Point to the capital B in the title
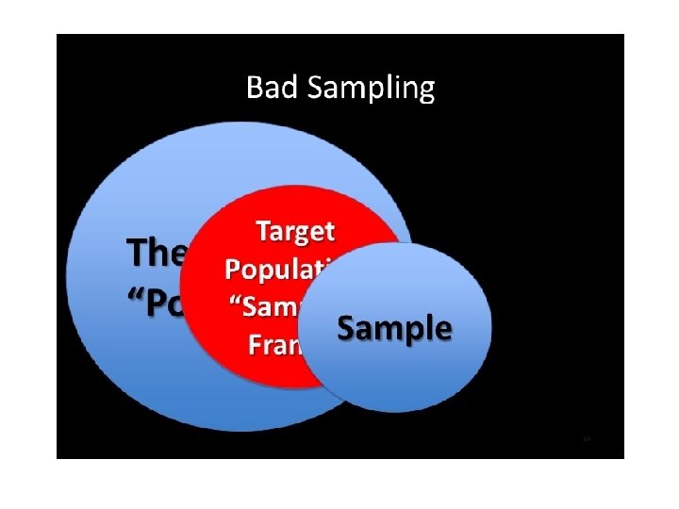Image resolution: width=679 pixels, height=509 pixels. [x=253, y=89]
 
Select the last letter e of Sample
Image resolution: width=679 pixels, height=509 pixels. [x=444, y=331]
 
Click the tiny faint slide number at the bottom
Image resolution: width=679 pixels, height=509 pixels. [x=587, y=440]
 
